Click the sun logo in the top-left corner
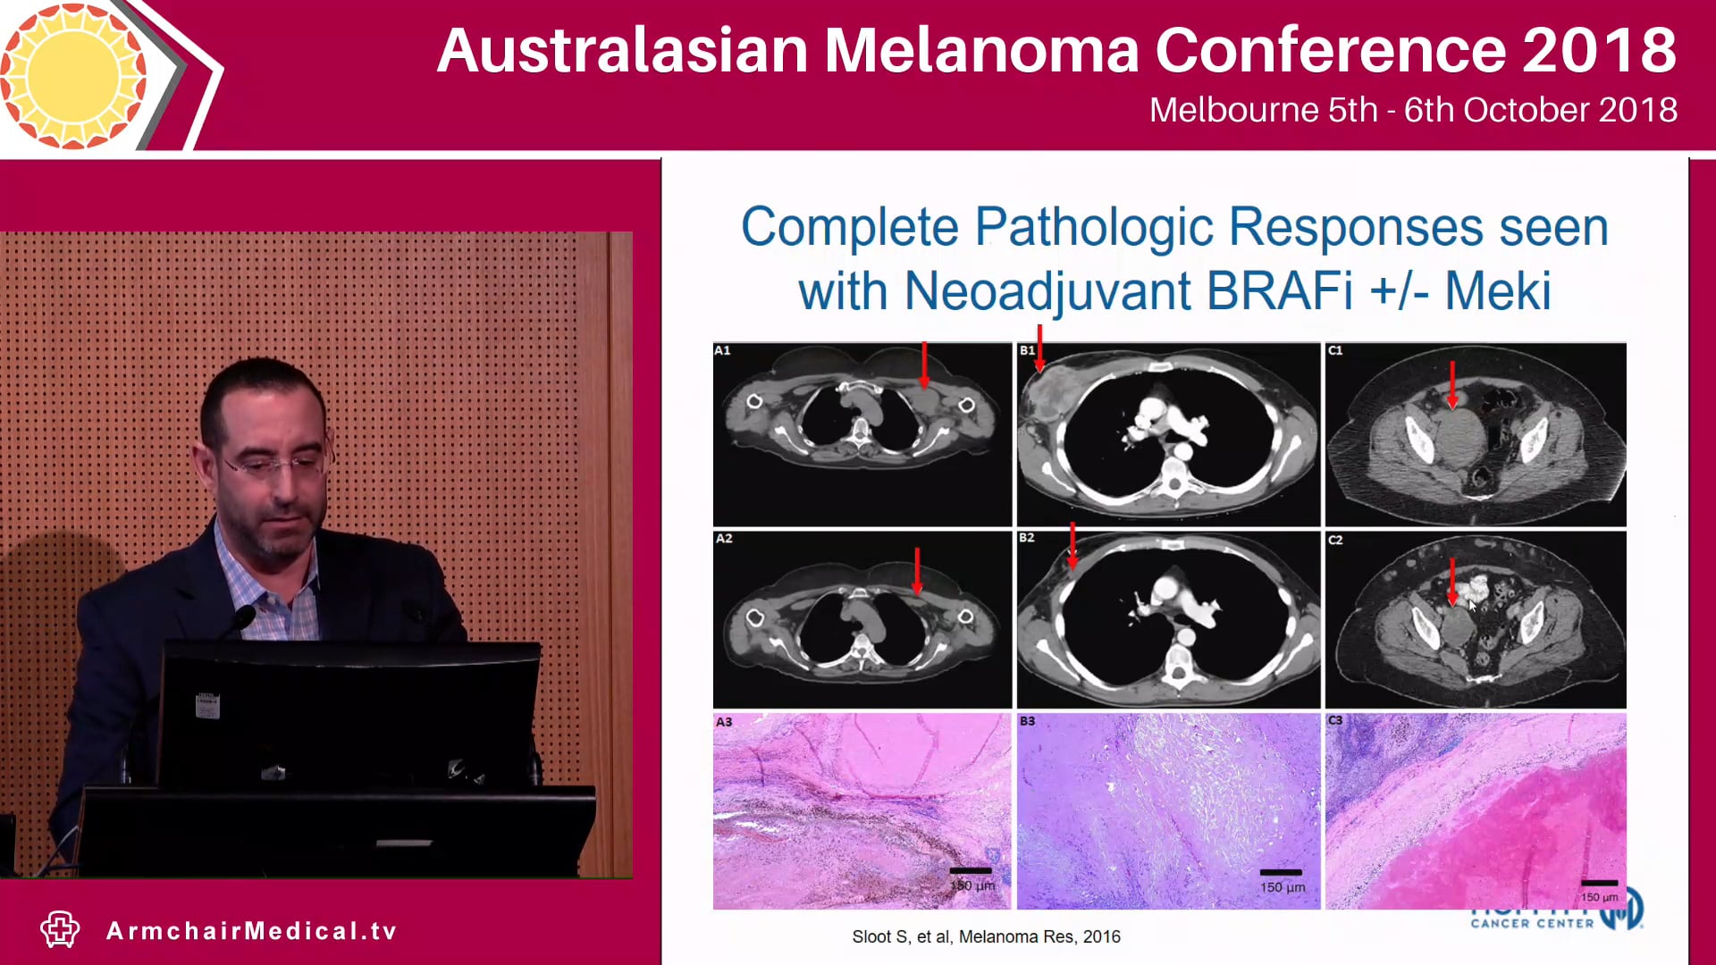(73, 76)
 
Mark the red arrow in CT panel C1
(1452, 384)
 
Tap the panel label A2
(724, 539)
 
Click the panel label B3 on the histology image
(1027, 720)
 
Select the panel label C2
(1335, 540)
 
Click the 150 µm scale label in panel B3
(1282, 887)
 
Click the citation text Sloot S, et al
(985, 936)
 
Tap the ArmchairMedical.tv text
(251, 931)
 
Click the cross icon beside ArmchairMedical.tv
(60, 929)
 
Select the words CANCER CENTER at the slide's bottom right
(1532, 923)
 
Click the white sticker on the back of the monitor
(207, 705)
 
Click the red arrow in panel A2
(917, 570)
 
